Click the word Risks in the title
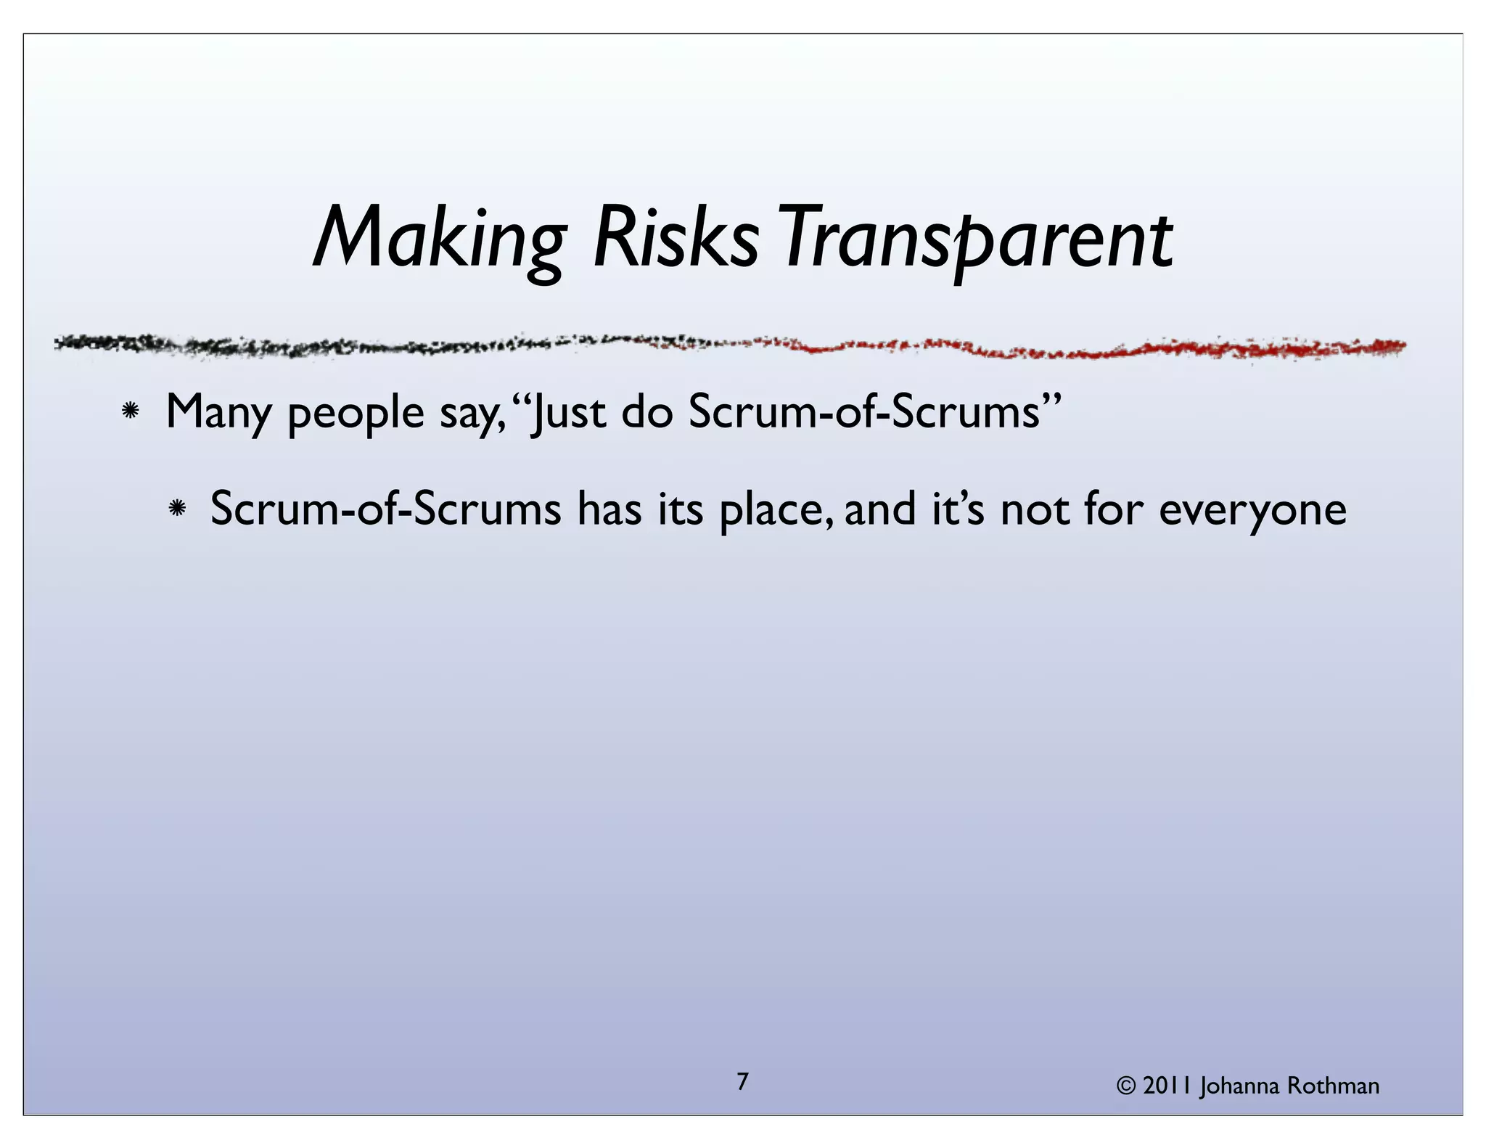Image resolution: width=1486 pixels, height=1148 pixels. pos(676,238)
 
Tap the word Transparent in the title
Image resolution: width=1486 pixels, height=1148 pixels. pos(976,239)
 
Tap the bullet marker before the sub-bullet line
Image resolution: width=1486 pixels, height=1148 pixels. pos(176,509)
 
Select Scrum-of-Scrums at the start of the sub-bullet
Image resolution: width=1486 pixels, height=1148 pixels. pos(385,509)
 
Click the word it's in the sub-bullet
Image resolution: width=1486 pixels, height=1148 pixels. pos(958,509)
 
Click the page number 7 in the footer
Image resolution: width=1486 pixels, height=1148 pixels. pos(742,1082)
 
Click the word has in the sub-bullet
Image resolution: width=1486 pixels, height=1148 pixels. pos(609,509)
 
